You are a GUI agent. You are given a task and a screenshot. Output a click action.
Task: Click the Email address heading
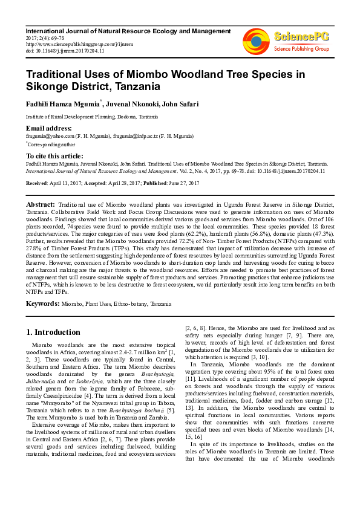(x=48, y=129)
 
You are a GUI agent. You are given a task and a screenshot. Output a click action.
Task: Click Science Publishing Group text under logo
(x=301, y=48)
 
